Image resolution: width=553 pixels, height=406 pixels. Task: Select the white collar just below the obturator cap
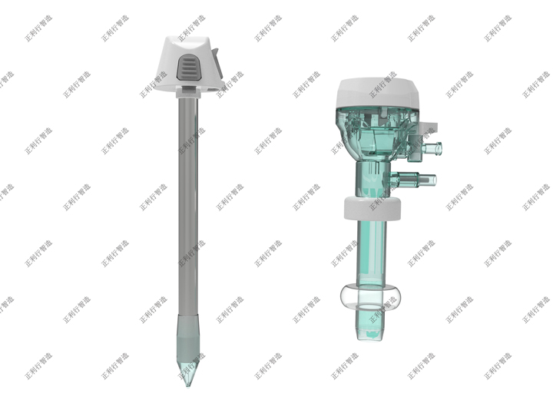click(188, 93)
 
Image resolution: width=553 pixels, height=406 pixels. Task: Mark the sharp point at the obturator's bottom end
click(187, 386)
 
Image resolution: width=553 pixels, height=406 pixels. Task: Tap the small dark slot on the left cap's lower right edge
click(213, 90)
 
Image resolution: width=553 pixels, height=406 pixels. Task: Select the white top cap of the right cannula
click(377, 94)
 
